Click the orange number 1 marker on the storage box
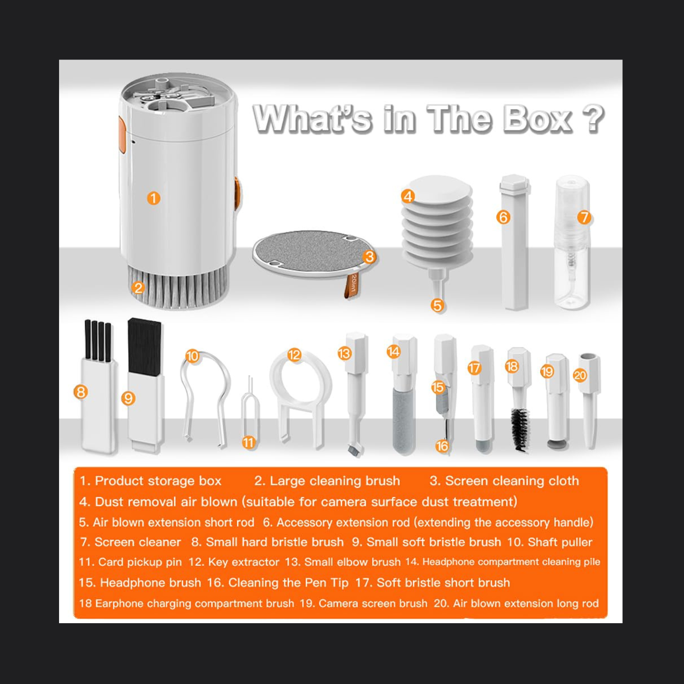coord(153,198)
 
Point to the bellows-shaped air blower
coord(437,223)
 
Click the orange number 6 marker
coord(503,217)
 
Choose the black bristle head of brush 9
coord(144,346)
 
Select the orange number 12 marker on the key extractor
coord(295,354)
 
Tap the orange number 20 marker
coord(580,375)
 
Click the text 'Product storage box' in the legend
coord(158,481)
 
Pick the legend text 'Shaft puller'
coord(560,542)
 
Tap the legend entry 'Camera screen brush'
coord(373,603)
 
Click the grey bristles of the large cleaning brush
coord(177,287)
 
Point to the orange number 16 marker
coord(442,446)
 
